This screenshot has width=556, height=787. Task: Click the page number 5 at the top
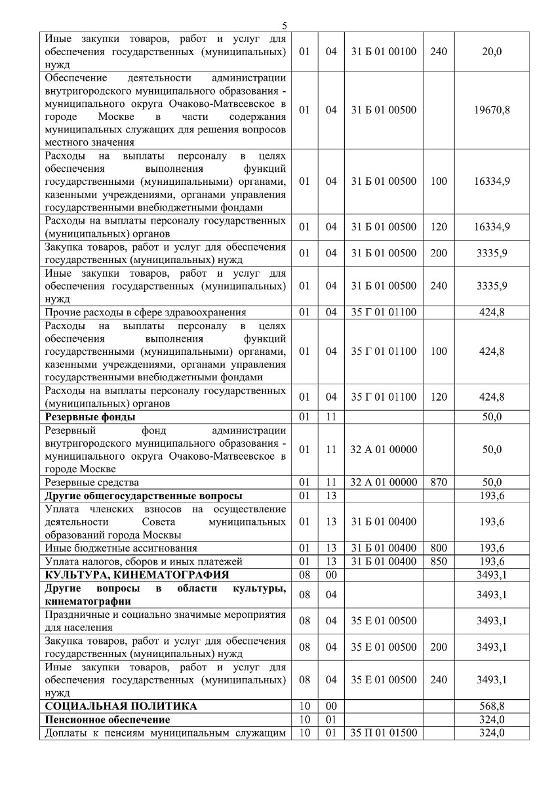click(x=284, y=26)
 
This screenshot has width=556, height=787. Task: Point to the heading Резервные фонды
click(x=90, y=417)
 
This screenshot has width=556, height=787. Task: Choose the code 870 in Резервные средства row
click(x=439, y=483)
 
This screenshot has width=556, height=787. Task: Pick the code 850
click(x=439, y=561)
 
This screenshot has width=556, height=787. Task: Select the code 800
click(x=439, y=548)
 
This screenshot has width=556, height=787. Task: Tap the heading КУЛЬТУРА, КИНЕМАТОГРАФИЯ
click(x=136, y=575)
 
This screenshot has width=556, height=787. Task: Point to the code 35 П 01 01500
click(x=384, y=733)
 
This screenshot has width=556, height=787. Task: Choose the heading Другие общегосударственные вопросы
click(x=143, y=496)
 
